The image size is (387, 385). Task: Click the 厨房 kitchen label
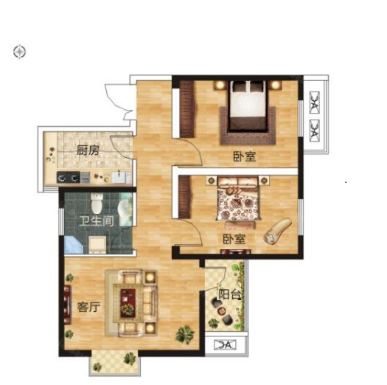tap(88, 150)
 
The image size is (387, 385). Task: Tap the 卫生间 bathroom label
tap(97, 221)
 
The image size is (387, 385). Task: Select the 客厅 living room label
tap(89, 307)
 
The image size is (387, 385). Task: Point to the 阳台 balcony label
tap(229, 294)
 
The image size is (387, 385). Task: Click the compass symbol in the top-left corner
tap(19, 52)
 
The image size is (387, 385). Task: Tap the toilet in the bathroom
tap(97, 204)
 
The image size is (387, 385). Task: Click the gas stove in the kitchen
tap(69, 177)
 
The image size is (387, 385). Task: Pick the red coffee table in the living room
tap(128, 303)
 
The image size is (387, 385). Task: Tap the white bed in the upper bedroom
tap(248, 105)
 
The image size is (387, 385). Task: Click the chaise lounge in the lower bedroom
tap(278, 230)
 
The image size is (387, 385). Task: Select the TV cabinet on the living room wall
tap(68, 305)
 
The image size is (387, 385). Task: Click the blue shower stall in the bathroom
tap(74, 245)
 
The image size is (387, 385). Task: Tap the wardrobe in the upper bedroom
tap(186, 109)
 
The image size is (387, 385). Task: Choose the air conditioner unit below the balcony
tap(225, 344)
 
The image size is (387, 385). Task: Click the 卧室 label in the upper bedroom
tap(245, 156)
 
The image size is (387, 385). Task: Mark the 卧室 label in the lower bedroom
tap(234, 239)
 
